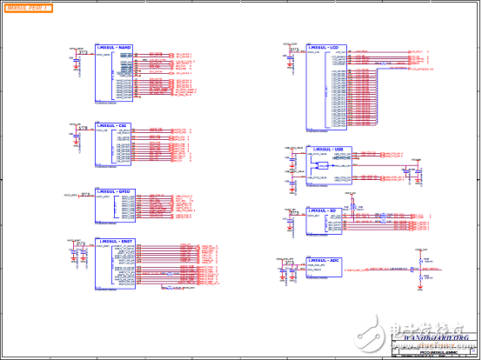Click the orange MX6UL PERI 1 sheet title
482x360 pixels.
(28, 7)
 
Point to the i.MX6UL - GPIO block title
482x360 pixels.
(112, 190)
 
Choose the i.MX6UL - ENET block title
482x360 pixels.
(113, 241)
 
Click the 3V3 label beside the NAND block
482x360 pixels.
(83, 51)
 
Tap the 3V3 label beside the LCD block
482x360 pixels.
(295, 50)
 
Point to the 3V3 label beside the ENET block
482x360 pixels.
(79, 243)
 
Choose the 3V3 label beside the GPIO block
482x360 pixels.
(79, 194)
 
